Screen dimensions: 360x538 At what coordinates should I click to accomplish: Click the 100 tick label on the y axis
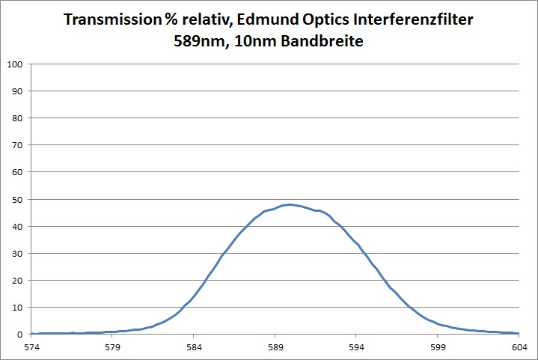[14, 64]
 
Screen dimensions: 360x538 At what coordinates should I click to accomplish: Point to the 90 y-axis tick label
[16, 91]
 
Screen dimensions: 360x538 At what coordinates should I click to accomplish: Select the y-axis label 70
[16, 144]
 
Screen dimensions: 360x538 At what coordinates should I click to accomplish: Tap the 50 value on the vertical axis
[16, 199]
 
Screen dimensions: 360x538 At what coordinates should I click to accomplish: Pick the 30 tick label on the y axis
[16, 253]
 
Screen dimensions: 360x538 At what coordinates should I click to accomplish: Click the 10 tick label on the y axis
[16, 307]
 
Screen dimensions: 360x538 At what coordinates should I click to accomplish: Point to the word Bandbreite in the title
[328, 42]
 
